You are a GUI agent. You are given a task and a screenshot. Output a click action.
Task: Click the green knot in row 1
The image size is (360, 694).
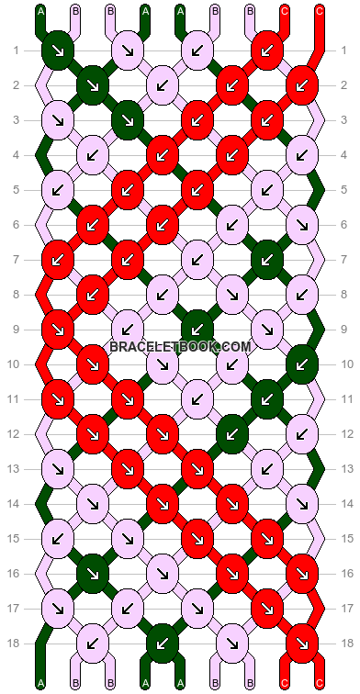click(58, 50)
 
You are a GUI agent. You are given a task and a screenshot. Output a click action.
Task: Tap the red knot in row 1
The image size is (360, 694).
click(266, 50)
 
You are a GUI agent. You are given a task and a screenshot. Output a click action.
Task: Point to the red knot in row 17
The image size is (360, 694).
click(266, 608)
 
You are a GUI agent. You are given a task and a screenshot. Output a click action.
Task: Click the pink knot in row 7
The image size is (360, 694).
click(197, 259)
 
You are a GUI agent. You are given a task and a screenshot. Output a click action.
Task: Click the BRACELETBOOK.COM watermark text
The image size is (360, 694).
click(180, 346)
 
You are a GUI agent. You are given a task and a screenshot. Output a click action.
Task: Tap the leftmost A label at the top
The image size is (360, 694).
click(41, 11)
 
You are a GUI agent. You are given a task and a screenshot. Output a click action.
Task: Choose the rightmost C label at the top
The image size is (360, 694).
click(320, 11)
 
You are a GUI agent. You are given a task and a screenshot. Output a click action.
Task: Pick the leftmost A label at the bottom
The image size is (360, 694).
click(41, 684)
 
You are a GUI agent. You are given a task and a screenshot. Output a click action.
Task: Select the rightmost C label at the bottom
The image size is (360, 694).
click(320, 684)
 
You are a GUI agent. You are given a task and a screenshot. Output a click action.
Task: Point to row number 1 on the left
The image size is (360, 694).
click(16, 50)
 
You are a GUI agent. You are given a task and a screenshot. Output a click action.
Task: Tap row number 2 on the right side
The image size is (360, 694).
click(344, 84)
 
